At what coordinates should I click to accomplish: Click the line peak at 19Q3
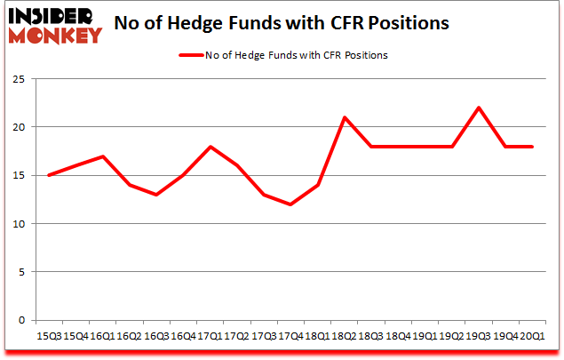[x=479, y=108]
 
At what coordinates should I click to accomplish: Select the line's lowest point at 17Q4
[x=290, y=204]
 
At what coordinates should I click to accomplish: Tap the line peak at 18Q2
[x=344, y=117]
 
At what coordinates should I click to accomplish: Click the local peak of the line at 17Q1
[x=209, y=147]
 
